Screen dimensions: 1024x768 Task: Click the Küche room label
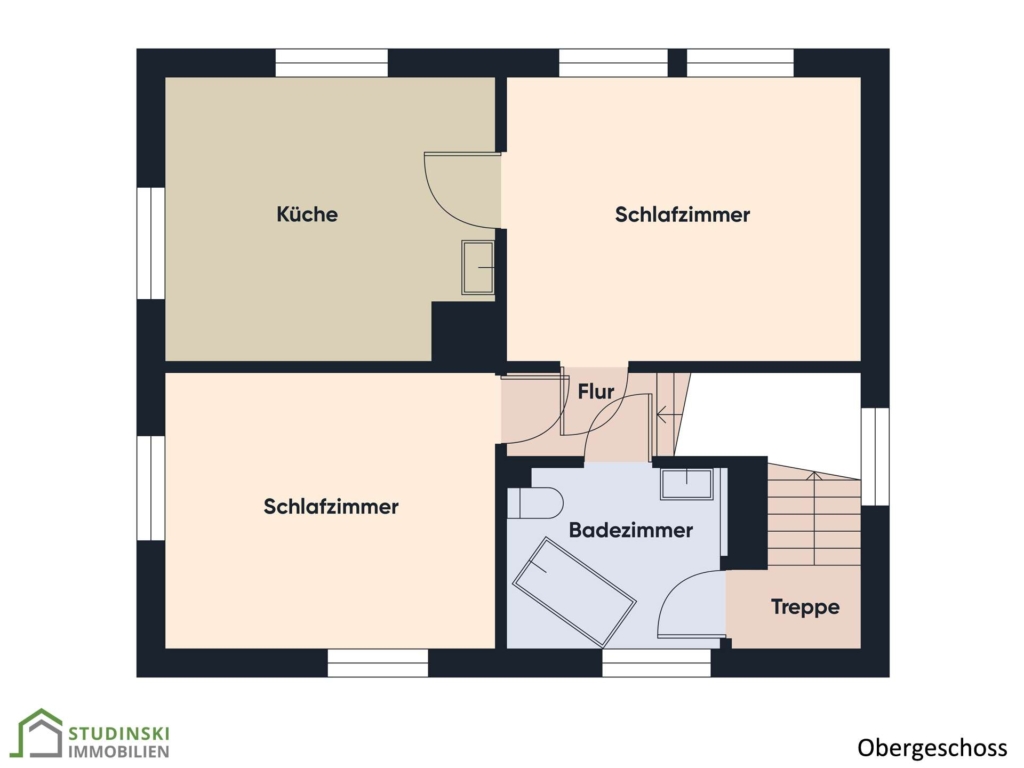pos(307,214)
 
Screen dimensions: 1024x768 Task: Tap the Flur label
pos(596,391)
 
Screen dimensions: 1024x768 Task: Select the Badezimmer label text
pos(631,530)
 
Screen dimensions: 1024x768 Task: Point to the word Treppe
pos(805,607)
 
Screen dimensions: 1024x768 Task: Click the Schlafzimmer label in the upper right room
pos(682,214)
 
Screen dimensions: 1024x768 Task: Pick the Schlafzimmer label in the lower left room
pos(331,506)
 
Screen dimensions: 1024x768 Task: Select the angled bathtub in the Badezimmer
pos(574,592)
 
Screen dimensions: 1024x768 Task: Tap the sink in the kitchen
pos(478,267)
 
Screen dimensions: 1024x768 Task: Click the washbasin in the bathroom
pos(686,484)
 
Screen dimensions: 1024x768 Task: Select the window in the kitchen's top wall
pos(332,63)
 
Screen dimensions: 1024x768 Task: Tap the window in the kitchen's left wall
pos(151,243)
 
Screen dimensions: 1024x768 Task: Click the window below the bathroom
pos(656,662)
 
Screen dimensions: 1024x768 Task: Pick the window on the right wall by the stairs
pos(875,456)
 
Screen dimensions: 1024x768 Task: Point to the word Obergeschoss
pos(933,748)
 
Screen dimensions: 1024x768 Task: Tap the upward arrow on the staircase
pos(814,519)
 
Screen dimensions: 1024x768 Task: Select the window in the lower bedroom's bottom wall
pos(377,662)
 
